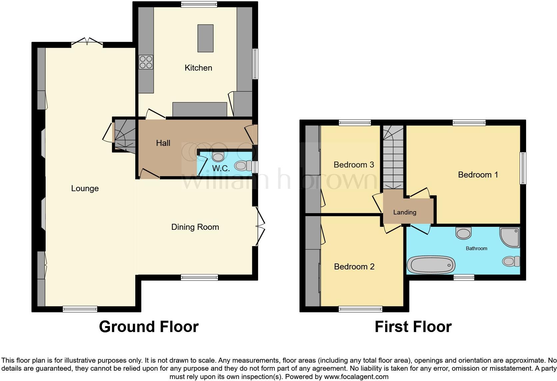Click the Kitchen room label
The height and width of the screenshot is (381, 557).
(198, 68)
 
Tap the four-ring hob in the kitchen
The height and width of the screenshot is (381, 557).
(146, 62)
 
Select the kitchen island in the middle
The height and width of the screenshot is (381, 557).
(205, 38)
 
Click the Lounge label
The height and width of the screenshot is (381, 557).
(85, 189)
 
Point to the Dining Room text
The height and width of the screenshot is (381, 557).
(195, 227)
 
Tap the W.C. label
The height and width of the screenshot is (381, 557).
(221, 169)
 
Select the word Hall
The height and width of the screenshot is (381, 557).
(163, 143)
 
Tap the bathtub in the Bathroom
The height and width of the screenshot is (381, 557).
(431, 265)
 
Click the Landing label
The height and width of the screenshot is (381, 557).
(404, 212)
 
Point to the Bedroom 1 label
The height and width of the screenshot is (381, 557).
(478, 175)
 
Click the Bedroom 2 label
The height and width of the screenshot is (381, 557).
(354, 267)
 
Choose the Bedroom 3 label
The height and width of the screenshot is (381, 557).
(354, 165)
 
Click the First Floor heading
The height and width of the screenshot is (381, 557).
(413, 327)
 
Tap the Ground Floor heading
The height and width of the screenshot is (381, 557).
(149, 327)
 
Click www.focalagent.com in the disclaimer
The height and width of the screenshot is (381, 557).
(356, 377)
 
